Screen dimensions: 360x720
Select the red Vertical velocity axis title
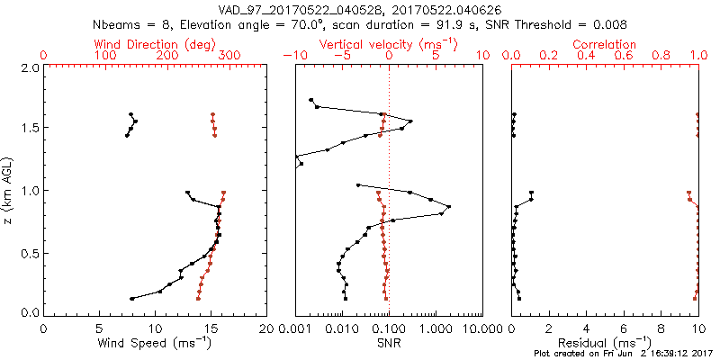[x=388, y=44]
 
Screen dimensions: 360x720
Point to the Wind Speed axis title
[x=155, y=343]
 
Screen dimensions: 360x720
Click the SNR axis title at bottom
[x=388, y=343]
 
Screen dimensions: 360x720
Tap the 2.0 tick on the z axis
[x=29, y=67]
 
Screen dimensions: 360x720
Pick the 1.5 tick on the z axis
[x=29, y=128]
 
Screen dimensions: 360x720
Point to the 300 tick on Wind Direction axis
[x=229, y=56]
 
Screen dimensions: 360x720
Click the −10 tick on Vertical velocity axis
[x=293, y=56]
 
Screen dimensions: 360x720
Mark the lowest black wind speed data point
[x=132, y=299]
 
